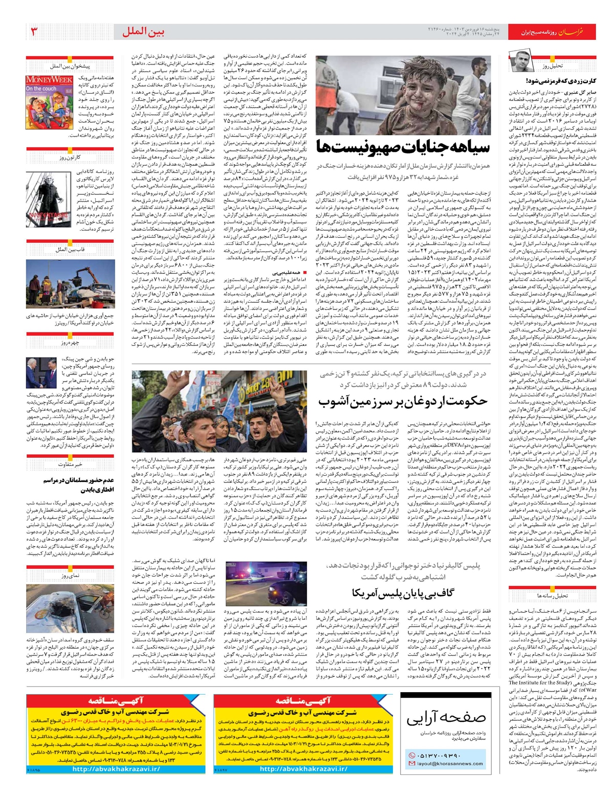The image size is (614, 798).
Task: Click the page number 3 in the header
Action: pos(35,32)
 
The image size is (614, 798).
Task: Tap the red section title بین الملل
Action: pos(144,32)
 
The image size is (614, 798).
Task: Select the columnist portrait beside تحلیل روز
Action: pos(521,62)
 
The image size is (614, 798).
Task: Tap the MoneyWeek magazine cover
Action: pos(49,102)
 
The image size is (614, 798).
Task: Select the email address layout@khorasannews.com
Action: pos(450,764)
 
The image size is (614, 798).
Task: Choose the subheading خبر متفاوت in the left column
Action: pos(70,464)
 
